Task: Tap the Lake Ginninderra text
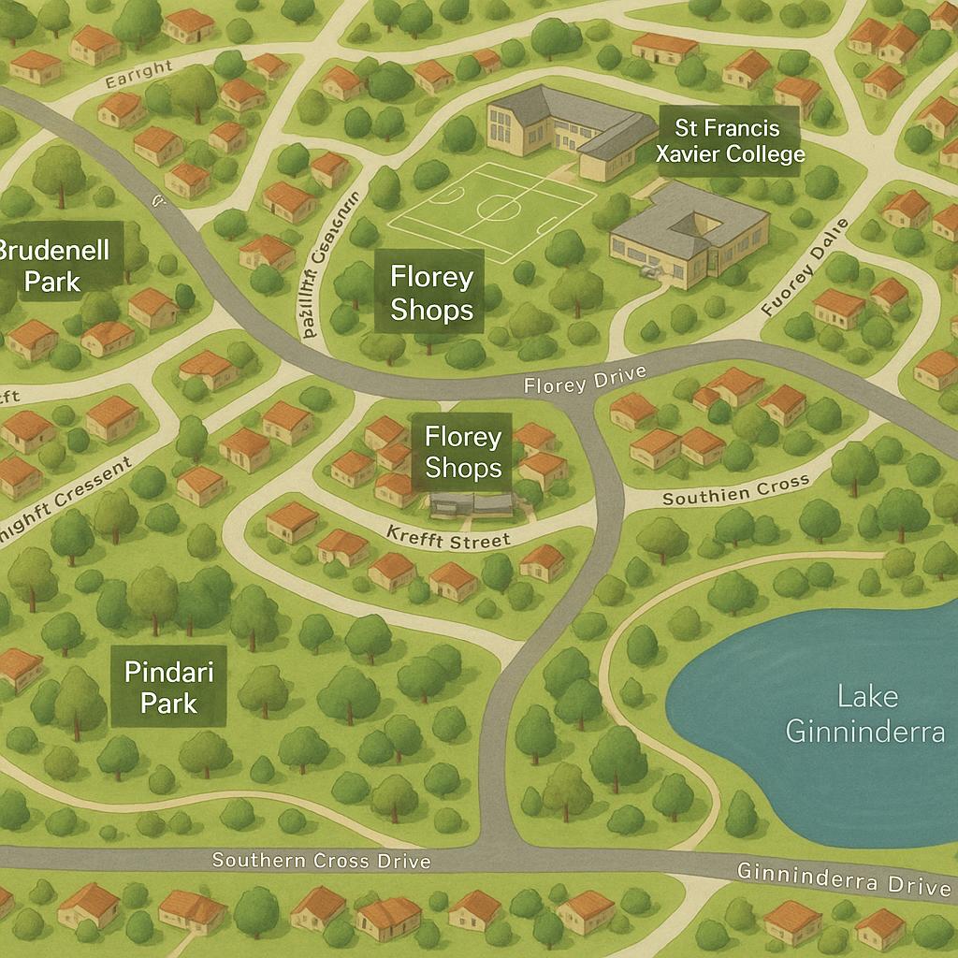tap(864, 713)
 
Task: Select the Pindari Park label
tap(168, 687)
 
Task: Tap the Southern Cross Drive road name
tap(321, 860)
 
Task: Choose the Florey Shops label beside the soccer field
tap(431, 293)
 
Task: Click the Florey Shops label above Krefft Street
tap(462, 452)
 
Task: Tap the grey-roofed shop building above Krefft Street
tap(472, 506)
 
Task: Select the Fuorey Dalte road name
tap(805, 267)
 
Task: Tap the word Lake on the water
tap(867, 696)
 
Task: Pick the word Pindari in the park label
tap(168, 671)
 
